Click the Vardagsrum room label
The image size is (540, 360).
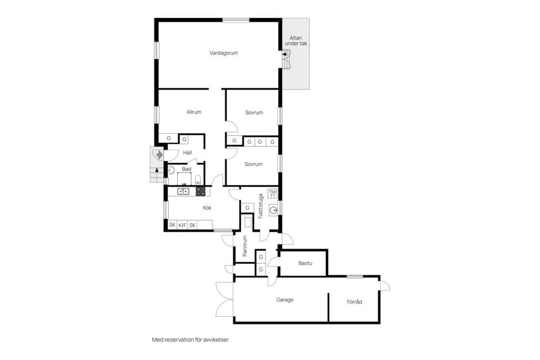223,53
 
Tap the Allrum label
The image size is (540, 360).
194,112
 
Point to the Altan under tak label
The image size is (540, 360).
296,40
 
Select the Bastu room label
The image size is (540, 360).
305,263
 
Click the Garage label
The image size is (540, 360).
285,300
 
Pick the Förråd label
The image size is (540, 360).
354,301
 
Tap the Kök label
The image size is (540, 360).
207,208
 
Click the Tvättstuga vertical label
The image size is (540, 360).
260,206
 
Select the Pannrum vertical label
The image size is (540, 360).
245,246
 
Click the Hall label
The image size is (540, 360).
187,152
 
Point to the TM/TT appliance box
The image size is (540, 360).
272,193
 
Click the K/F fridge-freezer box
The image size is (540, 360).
182,225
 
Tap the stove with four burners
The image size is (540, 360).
200,192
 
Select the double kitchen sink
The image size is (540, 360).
183,191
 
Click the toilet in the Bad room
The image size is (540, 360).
198,179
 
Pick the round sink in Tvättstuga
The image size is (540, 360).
274,210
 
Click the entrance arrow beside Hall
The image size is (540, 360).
159,155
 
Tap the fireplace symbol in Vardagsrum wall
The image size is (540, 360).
286,59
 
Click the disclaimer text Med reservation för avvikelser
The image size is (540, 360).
191,340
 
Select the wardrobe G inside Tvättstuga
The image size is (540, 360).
247,208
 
